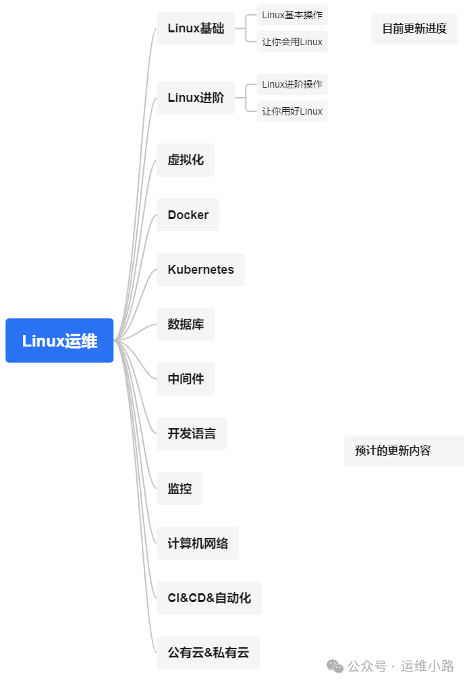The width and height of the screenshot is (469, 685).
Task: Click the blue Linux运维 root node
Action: point(59,340)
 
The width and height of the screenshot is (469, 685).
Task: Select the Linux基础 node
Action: point(196,28)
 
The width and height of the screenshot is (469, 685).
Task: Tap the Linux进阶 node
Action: point(196,98)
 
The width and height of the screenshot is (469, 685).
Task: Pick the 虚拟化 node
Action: point(186,160)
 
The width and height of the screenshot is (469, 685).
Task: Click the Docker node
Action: point(188,215)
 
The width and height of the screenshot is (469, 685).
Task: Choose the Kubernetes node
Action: point(200,270)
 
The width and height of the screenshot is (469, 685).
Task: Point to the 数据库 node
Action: point(186,324)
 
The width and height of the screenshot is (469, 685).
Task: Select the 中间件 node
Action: point(186,379)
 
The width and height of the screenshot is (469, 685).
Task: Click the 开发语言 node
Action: point(192,434)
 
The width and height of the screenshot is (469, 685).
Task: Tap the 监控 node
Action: point(180,489)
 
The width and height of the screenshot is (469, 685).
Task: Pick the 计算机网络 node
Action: point(198,543)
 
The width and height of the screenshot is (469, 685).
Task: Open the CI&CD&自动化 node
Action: point(209,598)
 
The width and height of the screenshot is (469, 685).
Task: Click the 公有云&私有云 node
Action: point(208,653)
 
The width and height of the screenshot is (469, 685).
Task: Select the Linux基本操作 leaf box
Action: point(292,15)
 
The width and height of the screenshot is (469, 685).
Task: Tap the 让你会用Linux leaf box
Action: point(292,42)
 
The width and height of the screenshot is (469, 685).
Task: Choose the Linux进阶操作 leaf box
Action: point(292,84)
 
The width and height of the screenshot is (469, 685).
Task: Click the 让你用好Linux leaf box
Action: point(292,111)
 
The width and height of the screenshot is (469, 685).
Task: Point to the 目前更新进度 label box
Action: point(414,29)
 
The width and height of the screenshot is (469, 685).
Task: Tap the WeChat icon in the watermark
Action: point(335,666)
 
